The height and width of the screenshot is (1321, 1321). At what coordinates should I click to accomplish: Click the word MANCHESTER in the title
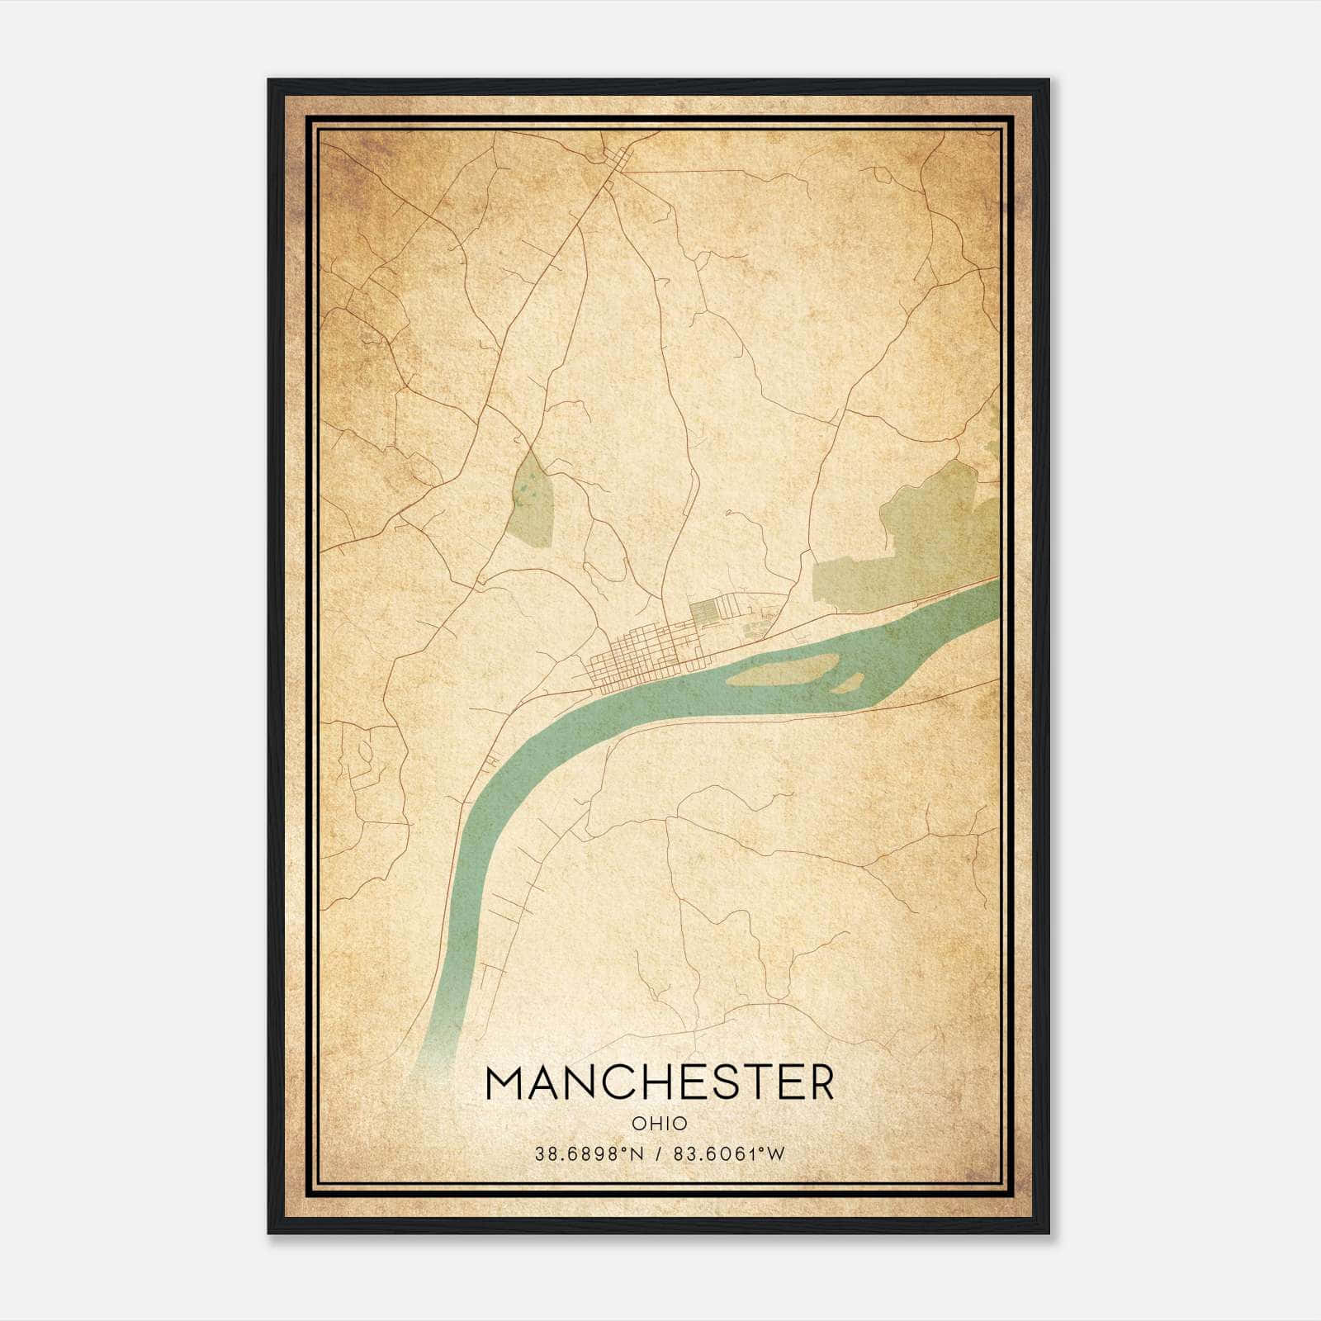pyautogui.click(x=660, y=1082)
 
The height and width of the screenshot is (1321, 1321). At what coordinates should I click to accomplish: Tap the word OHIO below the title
pyautogui.click(x=660, y=1124)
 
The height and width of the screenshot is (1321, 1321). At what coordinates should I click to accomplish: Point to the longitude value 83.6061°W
pyautogui.click(x=730, y=1154)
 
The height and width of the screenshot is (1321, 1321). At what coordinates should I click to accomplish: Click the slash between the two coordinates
pyautogui.click(x=659, y=1154)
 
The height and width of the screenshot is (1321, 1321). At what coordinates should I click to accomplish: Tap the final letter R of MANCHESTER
pyautogui.click(x=818, y=1082)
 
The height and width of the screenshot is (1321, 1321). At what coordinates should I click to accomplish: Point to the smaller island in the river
pyautogui.click(x=848, y=683)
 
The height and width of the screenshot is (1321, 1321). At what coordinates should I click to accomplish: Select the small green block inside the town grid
pyautogui.click(x=703, y=612)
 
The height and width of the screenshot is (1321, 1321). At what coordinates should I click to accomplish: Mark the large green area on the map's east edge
pyautogui.click(x=916, y=545)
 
